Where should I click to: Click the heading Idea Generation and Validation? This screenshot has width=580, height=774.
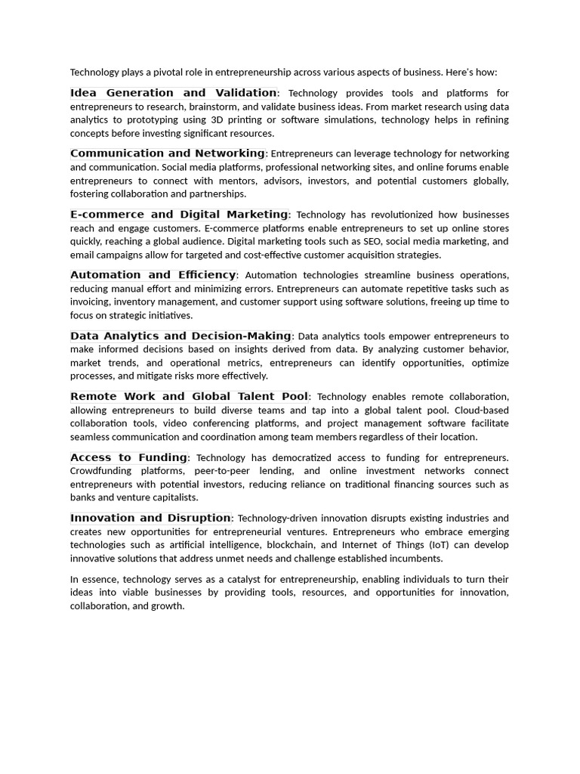tap(173, 93)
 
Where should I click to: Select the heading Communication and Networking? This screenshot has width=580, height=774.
tap(167, 153)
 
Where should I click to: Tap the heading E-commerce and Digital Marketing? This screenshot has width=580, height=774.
tap(179, 215)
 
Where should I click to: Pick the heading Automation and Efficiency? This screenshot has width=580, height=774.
tap(153, 275)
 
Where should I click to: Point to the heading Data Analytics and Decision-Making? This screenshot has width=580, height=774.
tap(180, 336)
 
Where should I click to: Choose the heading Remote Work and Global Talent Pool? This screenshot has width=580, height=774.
tap(189, 396)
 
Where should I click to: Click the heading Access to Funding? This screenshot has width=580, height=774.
tap(128, 457)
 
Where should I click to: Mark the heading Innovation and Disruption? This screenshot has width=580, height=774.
tap(150, 518)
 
